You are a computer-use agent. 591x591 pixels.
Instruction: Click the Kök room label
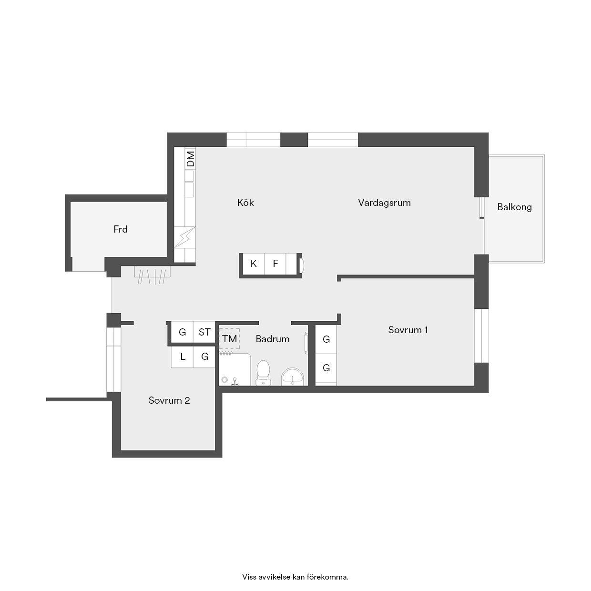click(x=245, y=203)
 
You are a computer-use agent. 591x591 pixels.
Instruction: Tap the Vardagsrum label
click(x=384, y=203)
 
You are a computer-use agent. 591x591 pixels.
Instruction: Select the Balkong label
click(x=515, y=207)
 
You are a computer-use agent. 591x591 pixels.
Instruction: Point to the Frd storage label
click(x=121, y=229)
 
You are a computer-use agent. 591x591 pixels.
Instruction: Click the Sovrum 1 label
click(x=408, y=330)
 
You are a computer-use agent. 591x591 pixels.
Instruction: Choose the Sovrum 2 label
click(x=169, y=400)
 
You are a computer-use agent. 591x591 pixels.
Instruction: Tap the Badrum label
click(x=273, y=339)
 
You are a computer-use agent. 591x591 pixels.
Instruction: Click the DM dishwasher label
click(x=191, y=159)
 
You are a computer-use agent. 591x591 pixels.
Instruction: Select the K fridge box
click(x=254, y=264)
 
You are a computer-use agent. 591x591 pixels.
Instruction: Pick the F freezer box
click(x=275, y=264)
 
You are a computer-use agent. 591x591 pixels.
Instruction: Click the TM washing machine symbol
click(x=229, y=338)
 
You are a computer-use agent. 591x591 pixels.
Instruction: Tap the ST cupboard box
click(x=204, y=332)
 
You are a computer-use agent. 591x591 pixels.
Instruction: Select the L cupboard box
click(x=182, y=357)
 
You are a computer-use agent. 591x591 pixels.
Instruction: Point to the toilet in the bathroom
click(x=263, y=372)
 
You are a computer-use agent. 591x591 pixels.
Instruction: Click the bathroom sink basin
click(x=293, y=377)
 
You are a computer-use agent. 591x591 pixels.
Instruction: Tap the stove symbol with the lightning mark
click(x=184, y=237)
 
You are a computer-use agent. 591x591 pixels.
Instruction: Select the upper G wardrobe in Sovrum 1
click(x=326, y=339)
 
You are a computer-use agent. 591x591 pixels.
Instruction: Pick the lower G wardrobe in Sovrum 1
click(x=326, y=368)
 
